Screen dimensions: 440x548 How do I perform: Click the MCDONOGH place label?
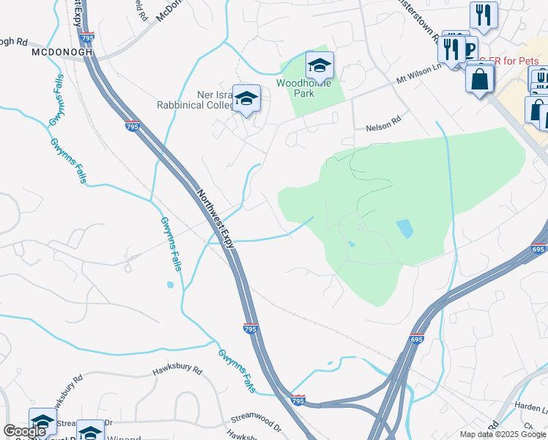point(62,53)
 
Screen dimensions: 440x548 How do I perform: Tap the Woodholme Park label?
point(305,88)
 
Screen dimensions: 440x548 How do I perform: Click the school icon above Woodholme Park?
point(319,67)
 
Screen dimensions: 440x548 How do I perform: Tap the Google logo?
point(23,431)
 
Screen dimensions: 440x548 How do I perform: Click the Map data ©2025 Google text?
point(503,434)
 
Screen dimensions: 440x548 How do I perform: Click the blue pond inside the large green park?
point(404,229)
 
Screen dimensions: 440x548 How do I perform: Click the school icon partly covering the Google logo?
point(42,422)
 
